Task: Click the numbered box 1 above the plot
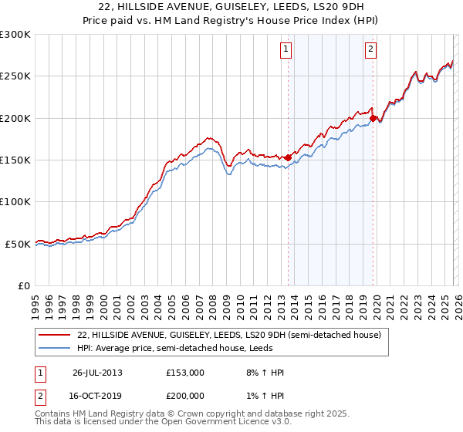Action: pos(286,49)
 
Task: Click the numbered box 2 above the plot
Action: pos(370,49)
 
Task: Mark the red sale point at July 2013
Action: pos(289,157)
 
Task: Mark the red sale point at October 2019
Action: pos(373,119)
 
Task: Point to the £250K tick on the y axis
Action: pos(15,76)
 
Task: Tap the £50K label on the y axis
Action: pos(17,244)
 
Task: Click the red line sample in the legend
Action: pos(54,336)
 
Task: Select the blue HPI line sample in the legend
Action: pos(54,349)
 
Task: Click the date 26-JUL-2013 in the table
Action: pos(97,373)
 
